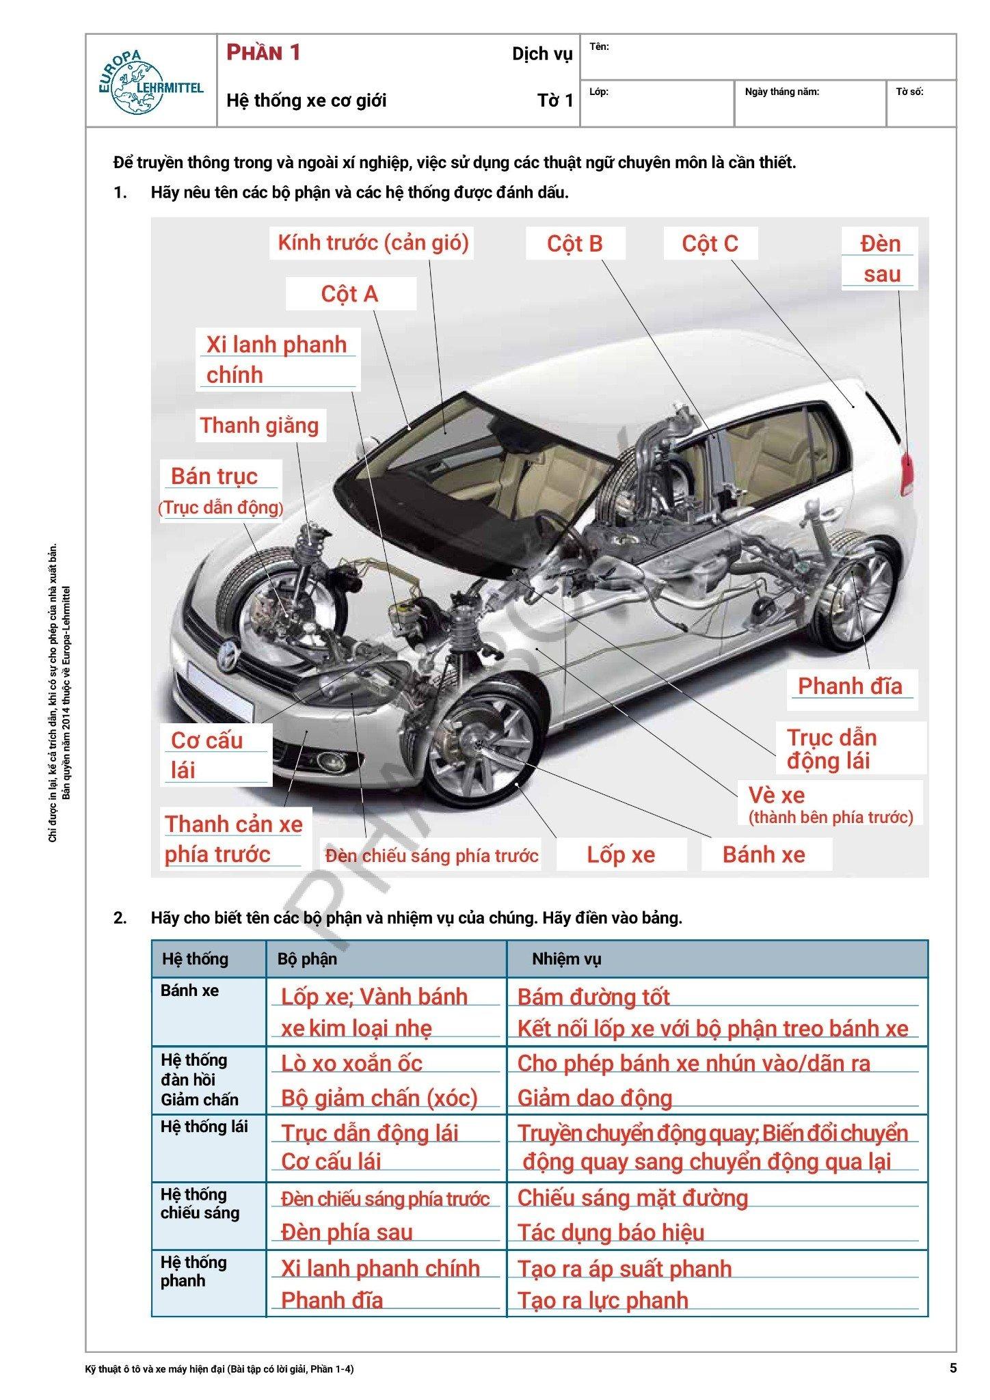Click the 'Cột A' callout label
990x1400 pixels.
[349, 294]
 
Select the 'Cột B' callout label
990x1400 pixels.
[575, 244]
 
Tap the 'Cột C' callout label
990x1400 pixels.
[710, 244]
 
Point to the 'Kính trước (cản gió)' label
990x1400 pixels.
[373, 243]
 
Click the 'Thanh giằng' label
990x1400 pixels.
[260, 425]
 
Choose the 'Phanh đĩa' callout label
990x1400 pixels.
[850, 686]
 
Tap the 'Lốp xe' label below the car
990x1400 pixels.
[621, 854]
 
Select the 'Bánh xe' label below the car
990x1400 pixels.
[764, 854]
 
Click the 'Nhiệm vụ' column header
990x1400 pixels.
[566, 959]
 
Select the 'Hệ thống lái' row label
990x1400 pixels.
[204, 1127]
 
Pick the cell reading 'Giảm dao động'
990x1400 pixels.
[595, 1098]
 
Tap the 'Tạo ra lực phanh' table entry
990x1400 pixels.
[602, 1300]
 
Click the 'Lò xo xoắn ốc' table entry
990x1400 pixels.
[351, 1064]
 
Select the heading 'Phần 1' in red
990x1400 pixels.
[264, 53]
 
